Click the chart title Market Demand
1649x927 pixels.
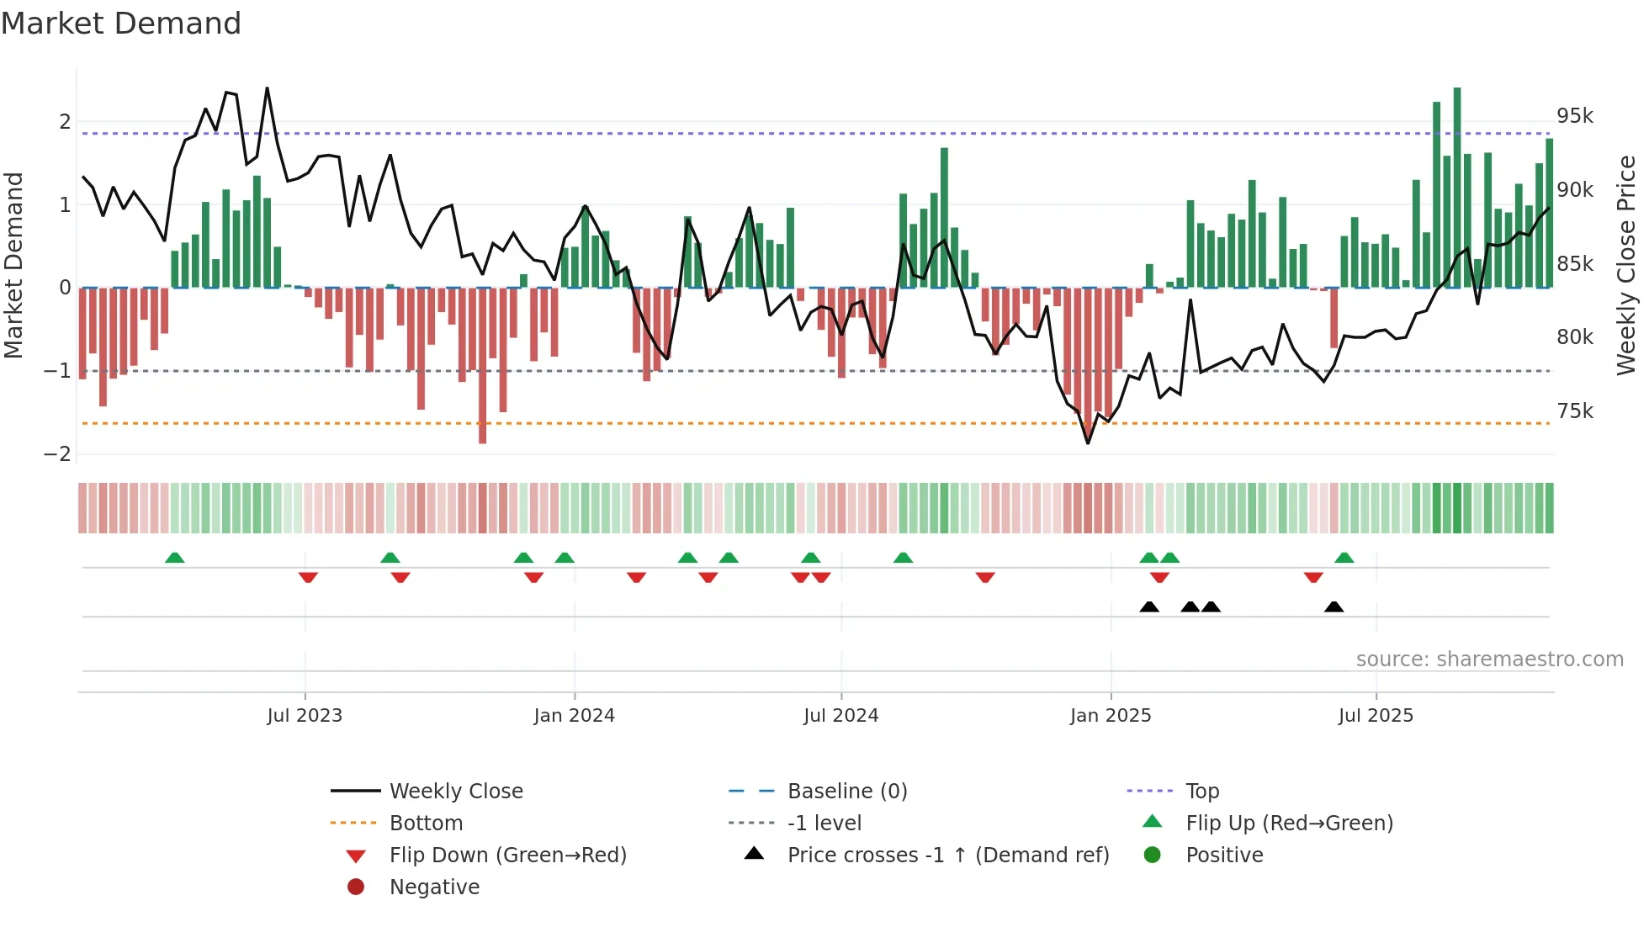tap(121, 24)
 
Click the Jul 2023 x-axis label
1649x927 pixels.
tap(305, 716)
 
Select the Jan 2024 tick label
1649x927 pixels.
tap(574, 716)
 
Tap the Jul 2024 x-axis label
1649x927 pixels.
tap(840, 716)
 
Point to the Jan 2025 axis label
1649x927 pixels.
tap(1111, 716)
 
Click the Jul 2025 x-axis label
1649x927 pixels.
tap(1376, 716)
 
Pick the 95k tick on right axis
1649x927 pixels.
tap(1574, 116)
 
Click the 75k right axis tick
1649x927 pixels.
tap(1574, 411)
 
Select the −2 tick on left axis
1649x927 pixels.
tap(57, 454)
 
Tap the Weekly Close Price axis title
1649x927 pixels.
tap(1625, 265)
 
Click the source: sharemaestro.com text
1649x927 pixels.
tap(1489, 659)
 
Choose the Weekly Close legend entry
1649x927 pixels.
tap(455, 792)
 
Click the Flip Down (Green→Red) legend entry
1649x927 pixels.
tap(507, 855)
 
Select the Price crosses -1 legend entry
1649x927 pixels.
tap(947, 855)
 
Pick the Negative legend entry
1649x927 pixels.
tap(434, 887)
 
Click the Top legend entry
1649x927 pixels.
tap(1201, 792)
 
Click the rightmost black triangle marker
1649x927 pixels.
tap(1334, 607)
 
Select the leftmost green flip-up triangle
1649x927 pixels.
tap(174, 558)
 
